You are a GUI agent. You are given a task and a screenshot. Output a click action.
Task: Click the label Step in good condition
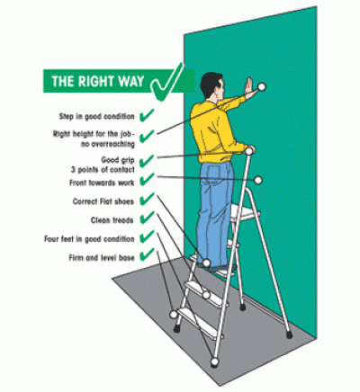click(x=97, y=116)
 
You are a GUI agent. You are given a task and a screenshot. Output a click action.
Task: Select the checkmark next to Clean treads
click(x=147, y=219)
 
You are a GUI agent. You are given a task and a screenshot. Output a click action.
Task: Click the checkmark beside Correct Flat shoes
click(x=147, y=200)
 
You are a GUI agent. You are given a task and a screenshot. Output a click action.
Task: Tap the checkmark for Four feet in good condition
click(x=147, y=238)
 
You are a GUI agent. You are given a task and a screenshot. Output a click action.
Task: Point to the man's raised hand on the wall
click(x=249, y=89)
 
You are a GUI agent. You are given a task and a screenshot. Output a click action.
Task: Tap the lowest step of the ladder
click(x=194, y=315)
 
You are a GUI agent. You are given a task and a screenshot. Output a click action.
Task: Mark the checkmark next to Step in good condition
click(x=148, y=116)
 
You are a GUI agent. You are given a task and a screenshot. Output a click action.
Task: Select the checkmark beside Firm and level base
click(x=147, y=258)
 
